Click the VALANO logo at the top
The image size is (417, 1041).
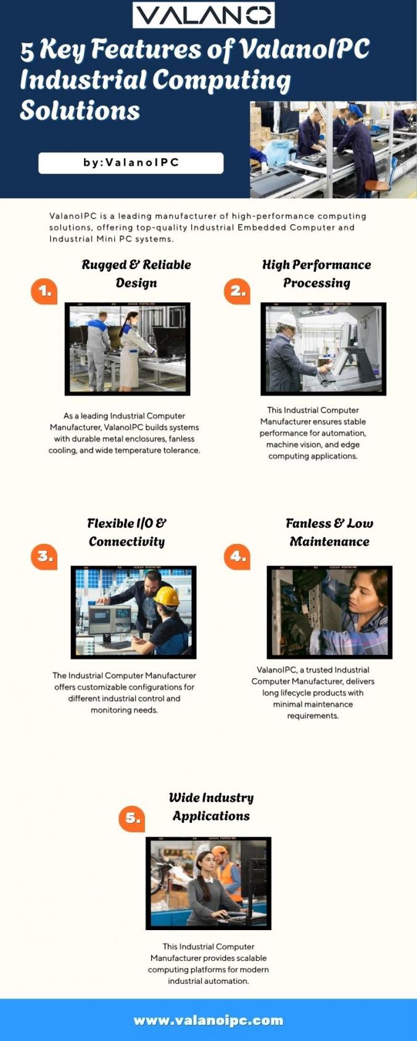[x=204, y=15]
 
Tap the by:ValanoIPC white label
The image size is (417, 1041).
[x=131, y=163]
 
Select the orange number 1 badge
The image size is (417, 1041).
[x=44, y=291]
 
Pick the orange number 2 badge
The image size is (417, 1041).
[x=237, y=291]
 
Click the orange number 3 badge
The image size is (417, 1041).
[x=44, y=556]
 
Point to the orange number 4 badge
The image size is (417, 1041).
[x=237, y=556]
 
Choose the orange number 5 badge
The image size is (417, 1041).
[x=132, y=819]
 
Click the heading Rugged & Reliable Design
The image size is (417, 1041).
[x=136, y=273]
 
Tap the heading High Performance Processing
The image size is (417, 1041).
[x=316, y=273]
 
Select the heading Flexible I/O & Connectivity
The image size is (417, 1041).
[x=126, y=533]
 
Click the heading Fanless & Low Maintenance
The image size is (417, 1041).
[x=329, y=533]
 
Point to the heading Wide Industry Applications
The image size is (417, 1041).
[x=212, y=807]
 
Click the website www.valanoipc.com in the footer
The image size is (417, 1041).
[x=208, y=1020]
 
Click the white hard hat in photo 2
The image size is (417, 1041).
[x=287, y=320]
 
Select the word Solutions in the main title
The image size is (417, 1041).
[x=80, y=111]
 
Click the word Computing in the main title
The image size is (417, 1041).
[x=221, y=80]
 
